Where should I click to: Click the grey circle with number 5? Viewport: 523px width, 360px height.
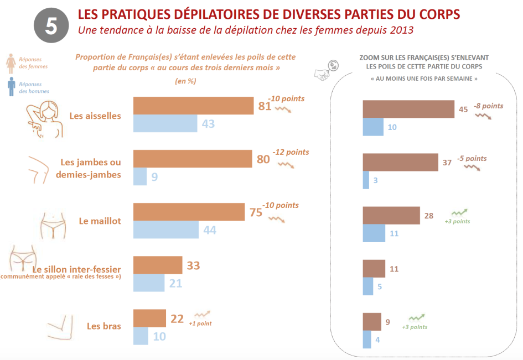[x=51, y=26]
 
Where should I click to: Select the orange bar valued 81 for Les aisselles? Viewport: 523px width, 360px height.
[x=194, y=106]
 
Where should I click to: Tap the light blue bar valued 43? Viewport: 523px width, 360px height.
[x=165, y=123]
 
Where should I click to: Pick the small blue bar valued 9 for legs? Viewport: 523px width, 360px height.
[x=140, y=177]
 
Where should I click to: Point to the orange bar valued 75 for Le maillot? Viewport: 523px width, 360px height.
[x=189, y=212]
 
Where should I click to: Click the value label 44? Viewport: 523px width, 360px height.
[x=209, y=230]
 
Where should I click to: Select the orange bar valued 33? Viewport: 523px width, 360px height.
[x=158, y=265]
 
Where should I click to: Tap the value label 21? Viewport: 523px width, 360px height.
[x=175, y=283]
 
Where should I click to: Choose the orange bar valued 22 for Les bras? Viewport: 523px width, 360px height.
[x=149, y=318]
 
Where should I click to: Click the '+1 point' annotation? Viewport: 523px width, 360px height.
[x=200, y=324]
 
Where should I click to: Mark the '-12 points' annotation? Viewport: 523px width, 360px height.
[x=291, y=152]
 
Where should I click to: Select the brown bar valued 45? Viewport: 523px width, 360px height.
[x=408, y=109]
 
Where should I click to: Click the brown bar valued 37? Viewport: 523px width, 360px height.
[x=400, y=163]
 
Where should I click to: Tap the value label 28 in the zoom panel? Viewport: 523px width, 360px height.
[x=429, y=216]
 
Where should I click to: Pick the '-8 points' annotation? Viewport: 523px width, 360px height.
[x=488, y=106]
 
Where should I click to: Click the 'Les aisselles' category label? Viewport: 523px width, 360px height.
[x=95, y=116]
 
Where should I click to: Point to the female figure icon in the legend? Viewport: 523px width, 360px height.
[x=11, y=62]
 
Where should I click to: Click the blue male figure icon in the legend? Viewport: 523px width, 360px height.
[x=11, y=87]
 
